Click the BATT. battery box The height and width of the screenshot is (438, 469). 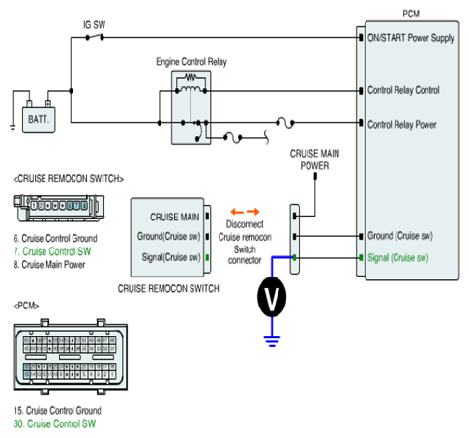[39, 120]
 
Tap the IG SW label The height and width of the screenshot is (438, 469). [94, 25]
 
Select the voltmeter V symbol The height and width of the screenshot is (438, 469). [272, 297]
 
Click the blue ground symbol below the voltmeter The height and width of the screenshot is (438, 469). [272, 341]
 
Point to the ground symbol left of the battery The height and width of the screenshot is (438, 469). [13, 129]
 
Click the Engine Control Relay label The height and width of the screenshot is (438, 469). [191, 62]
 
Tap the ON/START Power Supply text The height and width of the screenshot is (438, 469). [411, 38]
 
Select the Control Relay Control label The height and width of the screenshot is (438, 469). [403, 90]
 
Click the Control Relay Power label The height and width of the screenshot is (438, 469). [402, 125]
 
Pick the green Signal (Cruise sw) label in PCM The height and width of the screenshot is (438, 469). [398, 258]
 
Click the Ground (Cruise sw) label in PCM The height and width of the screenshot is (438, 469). [400, 236]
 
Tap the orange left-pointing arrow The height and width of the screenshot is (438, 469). [237, 212]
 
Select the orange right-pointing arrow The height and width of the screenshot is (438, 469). [253, 212]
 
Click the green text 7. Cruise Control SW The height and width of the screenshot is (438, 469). [52, 251]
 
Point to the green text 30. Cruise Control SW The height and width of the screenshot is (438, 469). [54, 423]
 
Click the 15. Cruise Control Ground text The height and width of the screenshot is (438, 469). [57, 410]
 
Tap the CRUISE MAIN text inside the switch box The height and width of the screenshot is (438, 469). [175, 218]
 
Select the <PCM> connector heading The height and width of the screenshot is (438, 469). [26, 306]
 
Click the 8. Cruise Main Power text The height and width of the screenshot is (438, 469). [49, 265]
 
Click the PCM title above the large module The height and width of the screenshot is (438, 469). [411, 14]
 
